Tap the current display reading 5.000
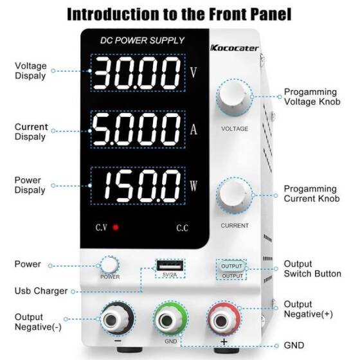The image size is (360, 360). [x=136, y=130]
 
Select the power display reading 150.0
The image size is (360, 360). [x=136, y=186]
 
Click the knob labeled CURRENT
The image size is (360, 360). [x=234, y=196]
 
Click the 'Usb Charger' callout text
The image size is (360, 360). [x=41, y=291]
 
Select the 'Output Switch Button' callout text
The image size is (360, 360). [x=312, y=269]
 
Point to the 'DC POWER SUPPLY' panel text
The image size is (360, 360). [x=142, y=40]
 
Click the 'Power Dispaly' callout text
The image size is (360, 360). [x=30, y=185]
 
